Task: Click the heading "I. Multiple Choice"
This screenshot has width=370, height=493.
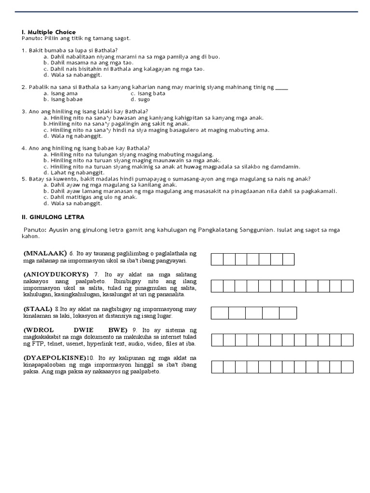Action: pos(49,32)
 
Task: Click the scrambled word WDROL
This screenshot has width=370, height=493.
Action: pos(40,330)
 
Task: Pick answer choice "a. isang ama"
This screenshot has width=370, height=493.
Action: pos(60,93)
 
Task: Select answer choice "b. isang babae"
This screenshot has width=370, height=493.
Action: pos(63,99)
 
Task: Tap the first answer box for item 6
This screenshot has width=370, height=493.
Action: pos(217,259)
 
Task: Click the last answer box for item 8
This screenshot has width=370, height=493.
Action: pos(288,313)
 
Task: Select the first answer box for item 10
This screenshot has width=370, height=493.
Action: pos(217,367)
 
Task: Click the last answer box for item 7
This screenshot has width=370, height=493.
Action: pos(348,286)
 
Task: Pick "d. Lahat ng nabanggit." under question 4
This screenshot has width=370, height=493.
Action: pos(72,172)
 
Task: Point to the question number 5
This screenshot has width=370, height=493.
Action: pos(23,179)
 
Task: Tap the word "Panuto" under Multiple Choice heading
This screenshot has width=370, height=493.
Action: pos(31,38)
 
